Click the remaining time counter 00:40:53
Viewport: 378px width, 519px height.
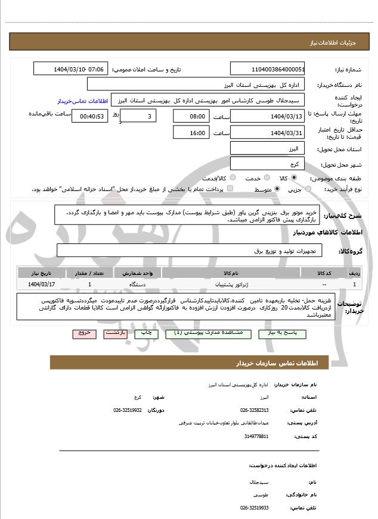click(x=89, y=116)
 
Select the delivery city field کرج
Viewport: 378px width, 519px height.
click(x=267, y=164)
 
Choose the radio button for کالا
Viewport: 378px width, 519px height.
click(x=294, y=178)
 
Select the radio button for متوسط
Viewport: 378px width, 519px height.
click(x=277, y=189)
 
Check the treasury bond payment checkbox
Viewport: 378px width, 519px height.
click(x=230, y=189)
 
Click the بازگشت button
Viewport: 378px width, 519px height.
click(x=115, y=333)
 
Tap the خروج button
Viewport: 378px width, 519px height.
click(x=83, y=333)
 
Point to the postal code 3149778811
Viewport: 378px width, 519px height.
click(x=256, y=436)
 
